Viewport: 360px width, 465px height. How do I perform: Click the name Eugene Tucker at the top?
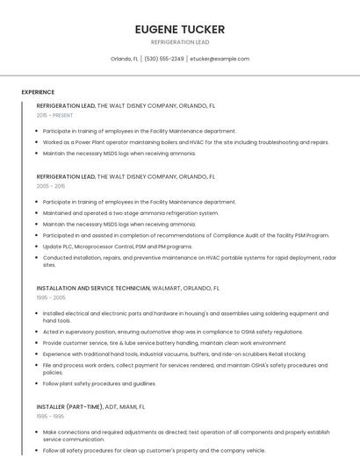tap(180, 29)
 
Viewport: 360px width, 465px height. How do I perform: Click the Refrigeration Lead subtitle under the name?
tap(180, 42)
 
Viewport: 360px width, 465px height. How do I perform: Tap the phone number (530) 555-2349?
tap(164, 59)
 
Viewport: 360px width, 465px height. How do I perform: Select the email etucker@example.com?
tap(220, 59)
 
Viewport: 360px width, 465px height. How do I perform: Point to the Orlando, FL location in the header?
tap(125, 59)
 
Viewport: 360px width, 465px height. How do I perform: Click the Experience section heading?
tap(38, 92)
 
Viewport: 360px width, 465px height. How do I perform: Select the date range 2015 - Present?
tap(54, 115)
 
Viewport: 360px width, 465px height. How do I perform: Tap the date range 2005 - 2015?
tap(51, 186)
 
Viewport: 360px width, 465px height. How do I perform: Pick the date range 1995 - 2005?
tap(51, 297)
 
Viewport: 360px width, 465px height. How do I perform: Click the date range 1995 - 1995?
tap(50, 417)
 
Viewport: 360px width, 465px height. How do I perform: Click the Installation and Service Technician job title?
tap(93, 288)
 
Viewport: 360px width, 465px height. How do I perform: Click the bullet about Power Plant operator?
tap(186, 142)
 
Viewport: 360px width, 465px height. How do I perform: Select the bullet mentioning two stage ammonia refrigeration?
tap(131, 213)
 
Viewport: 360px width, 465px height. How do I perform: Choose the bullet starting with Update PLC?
tap(118, 247)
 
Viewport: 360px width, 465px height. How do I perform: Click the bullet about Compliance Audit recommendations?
tap(186, 235)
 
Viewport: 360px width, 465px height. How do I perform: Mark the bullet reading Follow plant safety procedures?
tap(99, 383)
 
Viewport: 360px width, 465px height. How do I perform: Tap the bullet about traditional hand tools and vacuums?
tap(174, 354)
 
